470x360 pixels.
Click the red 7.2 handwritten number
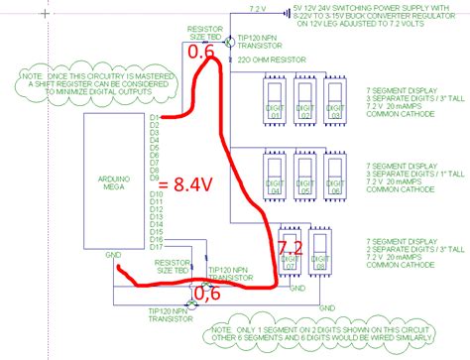click(290, 245)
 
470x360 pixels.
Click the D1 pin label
click(154, 118)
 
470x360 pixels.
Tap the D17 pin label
click(156, 246)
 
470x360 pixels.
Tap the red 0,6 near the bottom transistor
click(205, 293)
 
